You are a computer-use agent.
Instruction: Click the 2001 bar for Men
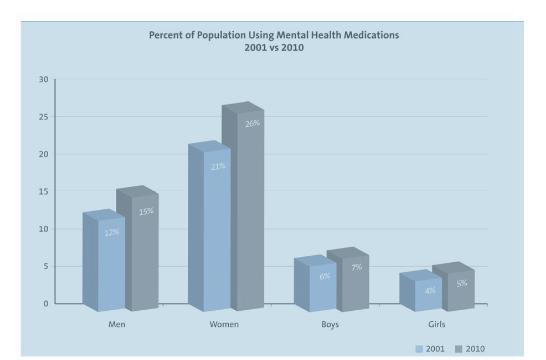coord(111,264)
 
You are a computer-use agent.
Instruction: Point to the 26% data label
coord(252,123)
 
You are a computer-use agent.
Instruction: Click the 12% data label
coord(111,232)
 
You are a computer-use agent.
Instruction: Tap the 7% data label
coord(357,267)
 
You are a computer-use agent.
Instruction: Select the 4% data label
coord(430,291)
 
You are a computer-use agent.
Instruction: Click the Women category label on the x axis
coord(224,325)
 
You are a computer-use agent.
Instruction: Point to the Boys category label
coord(330,325)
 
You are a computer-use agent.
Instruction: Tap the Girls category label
coord(436,325)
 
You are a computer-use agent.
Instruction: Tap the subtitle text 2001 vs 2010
coord(274,48)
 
